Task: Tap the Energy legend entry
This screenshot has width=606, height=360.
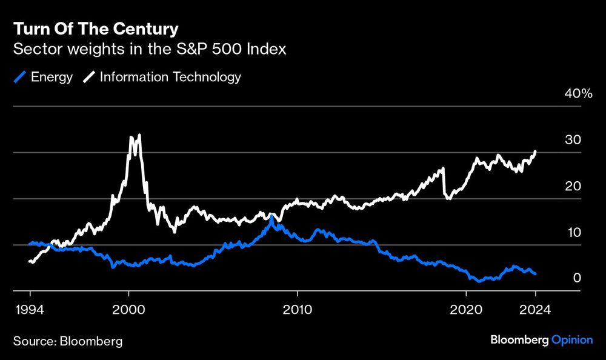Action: coord(43,77)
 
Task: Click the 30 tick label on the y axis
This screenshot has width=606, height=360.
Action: coord(573,140)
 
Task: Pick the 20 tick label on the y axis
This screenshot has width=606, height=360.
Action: coord(573,186)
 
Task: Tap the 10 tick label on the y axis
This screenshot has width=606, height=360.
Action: coord(573,232)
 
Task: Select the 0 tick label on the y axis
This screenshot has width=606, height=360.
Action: coord(578,278)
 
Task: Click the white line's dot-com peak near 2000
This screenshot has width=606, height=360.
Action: coord(139,135)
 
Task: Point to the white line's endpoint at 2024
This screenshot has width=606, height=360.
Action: coord(535,152)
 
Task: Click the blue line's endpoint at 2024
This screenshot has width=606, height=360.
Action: coord(535,274)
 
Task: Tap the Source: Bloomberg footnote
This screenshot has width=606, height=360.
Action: coord(67,341)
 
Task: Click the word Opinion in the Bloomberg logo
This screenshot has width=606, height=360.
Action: coord(572,340)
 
